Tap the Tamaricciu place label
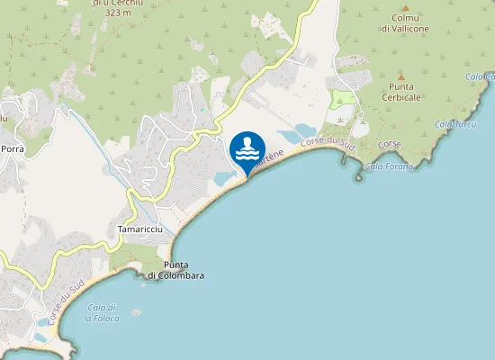coord(139,229)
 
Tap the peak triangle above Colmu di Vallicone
coord(400,4)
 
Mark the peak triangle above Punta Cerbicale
coord(401,76)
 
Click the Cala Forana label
coord(390,166)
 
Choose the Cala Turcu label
coord(454,123)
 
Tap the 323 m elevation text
coord(118,13)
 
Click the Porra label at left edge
coord(12,148)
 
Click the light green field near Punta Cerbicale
coord(342,98)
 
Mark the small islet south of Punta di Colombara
coord(135,312)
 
